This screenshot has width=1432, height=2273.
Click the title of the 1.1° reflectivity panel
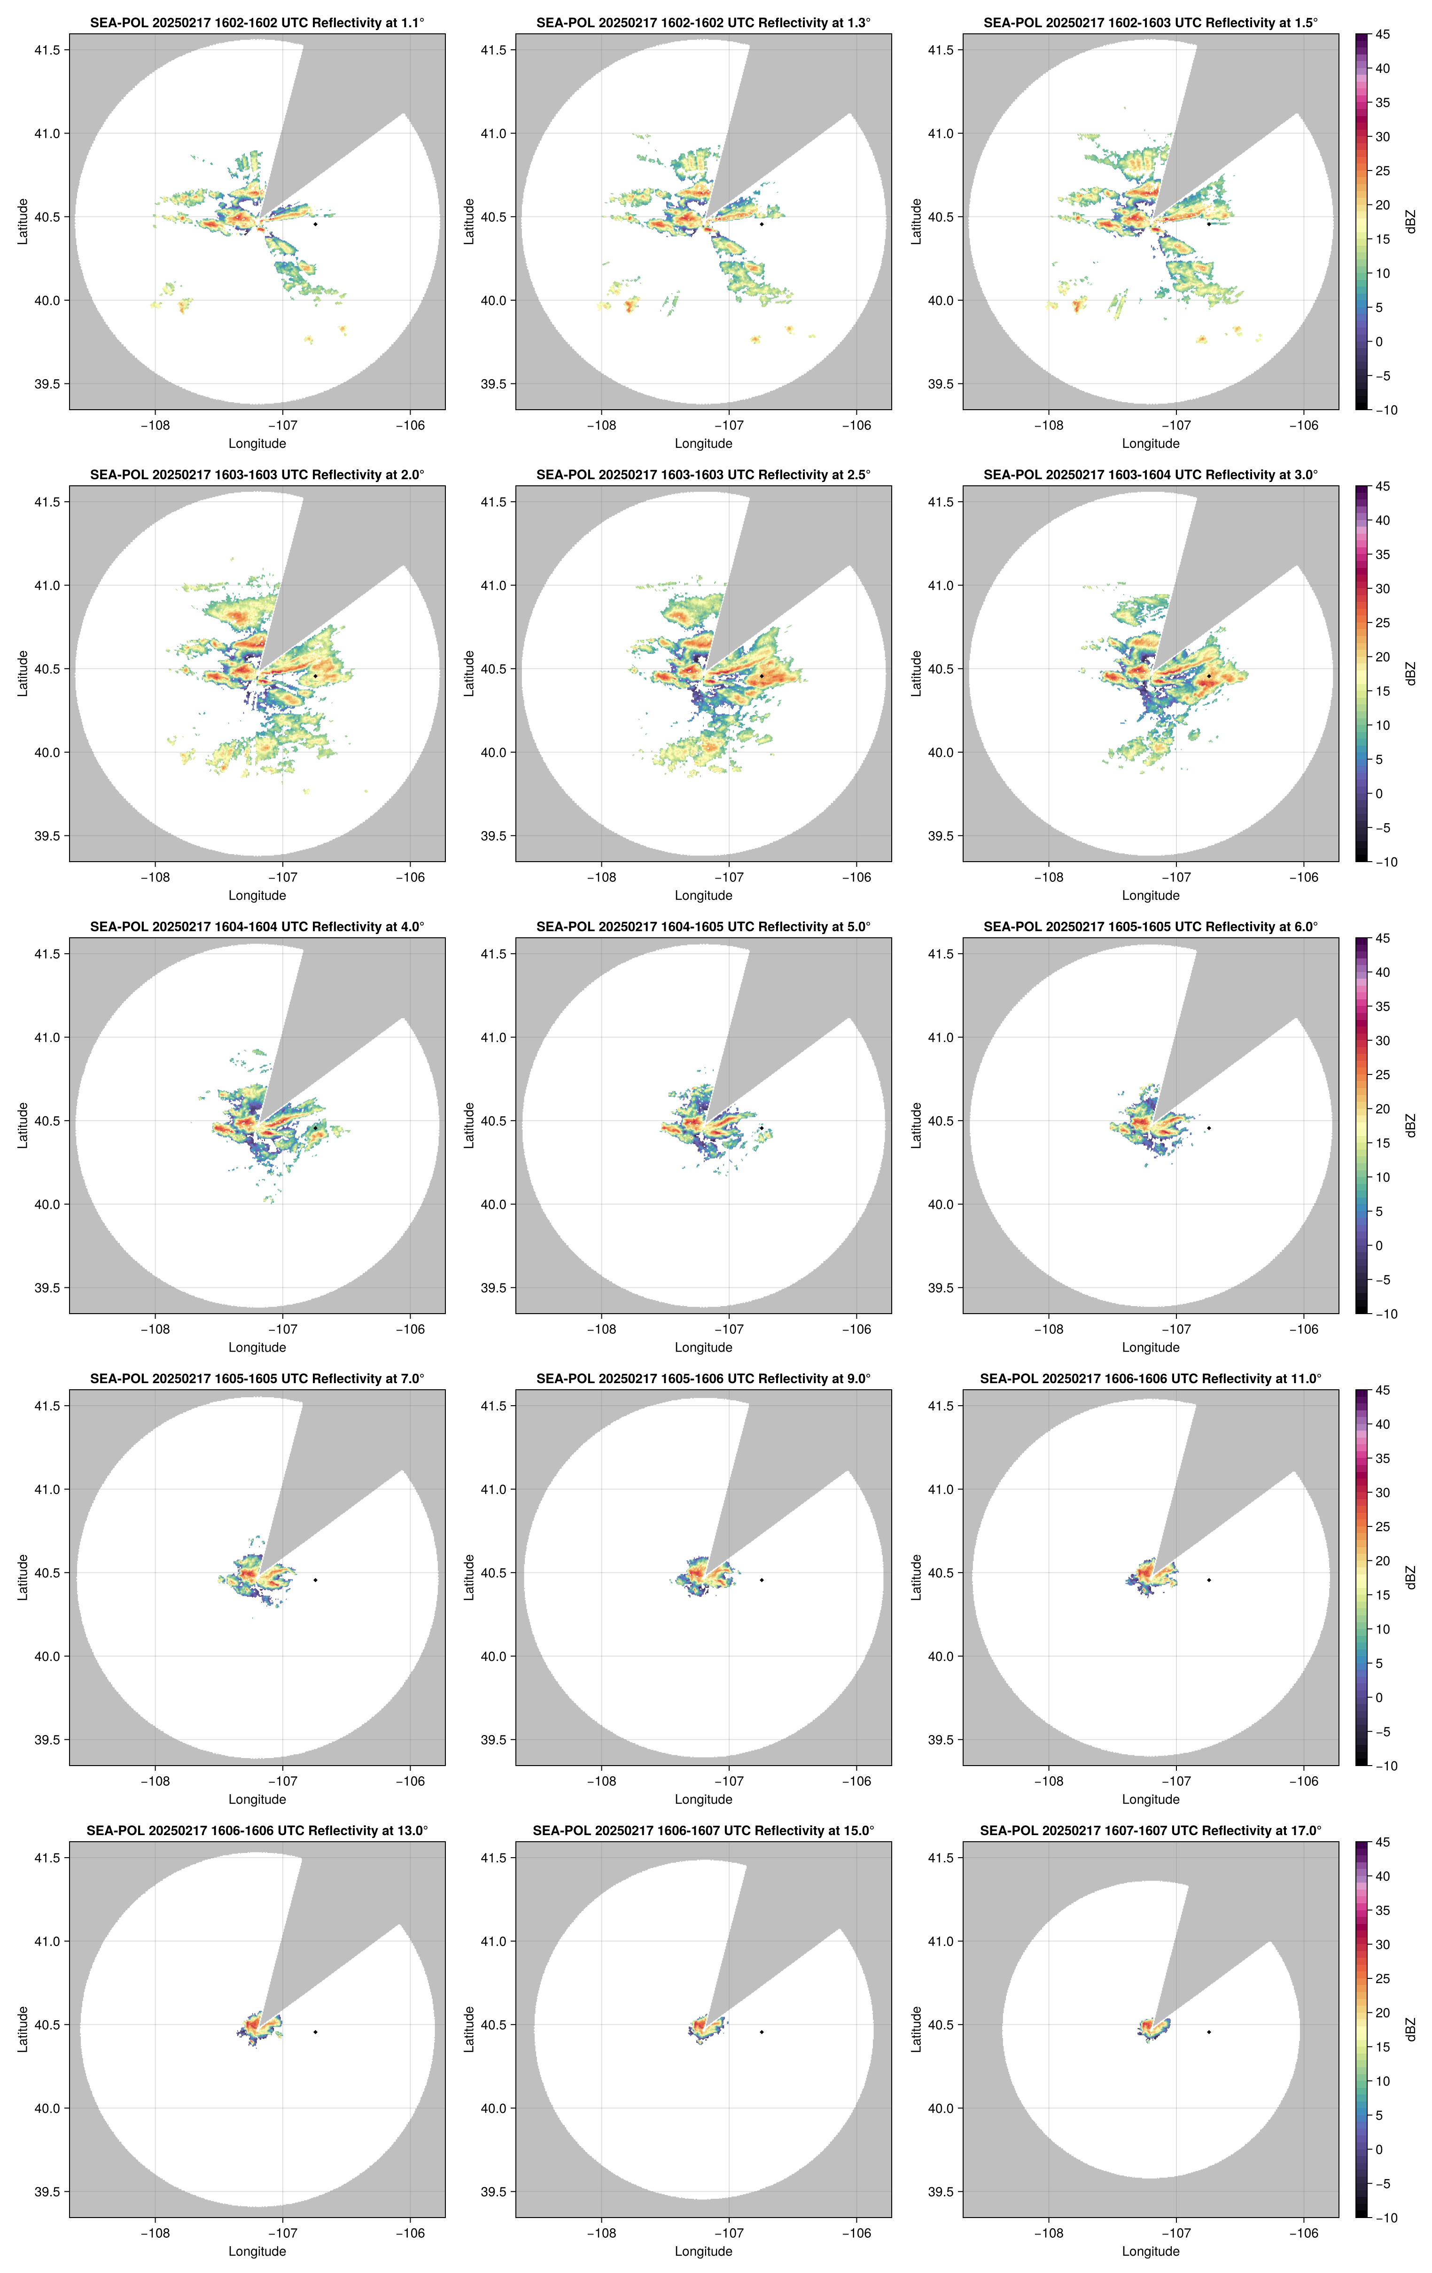(257, 23)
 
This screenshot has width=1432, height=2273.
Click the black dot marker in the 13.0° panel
(315, 2032)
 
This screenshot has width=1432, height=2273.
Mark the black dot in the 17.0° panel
(1208, 2032)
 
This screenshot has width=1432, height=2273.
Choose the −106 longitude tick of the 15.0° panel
(856, 2234)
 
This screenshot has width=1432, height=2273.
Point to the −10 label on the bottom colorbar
(1385, 2217)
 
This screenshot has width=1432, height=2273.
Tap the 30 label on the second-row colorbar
(1382, 588)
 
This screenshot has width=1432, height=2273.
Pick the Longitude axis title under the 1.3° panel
(703, 444)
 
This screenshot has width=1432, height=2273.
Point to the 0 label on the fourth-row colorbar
(1378, 1697)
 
